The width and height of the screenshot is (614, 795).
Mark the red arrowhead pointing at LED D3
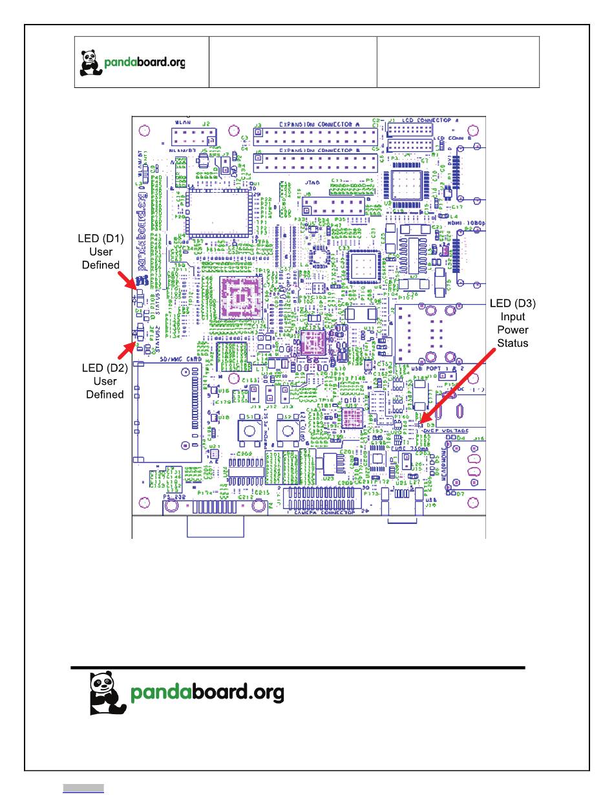421,422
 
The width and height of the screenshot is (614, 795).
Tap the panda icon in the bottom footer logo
107,693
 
